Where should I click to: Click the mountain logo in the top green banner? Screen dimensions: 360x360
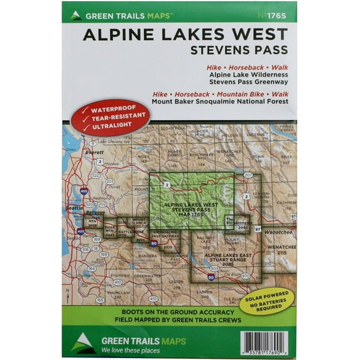(x=75, y=14)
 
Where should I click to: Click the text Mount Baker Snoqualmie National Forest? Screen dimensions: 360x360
(x=220, y=101)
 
